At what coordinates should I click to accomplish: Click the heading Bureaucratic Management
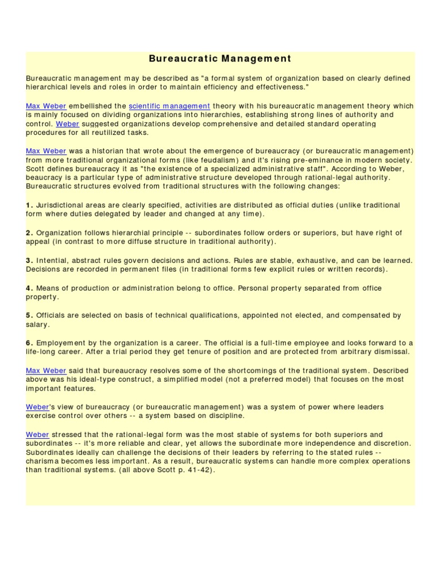coord(220,59)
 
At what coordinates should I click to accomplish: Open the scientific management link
coord(169,106)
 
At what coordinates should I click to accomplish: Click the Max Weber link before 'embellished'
coord(46,106)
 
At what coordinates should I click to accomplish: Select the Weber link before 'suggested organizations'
coord(67,123)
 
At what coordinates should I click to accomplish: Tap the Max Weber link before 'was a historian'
coord(46,150)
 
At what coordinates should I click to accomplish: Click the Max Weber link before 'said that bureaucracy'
coord(46,370)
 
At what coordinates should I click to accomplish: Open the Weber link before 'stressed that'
coord(37,435)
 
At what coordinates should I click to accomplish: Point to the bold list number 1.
coord(29,205)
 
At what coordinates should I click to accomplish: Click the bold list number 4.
coord(29,288)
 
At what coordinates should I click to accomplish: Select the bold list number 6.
coord(29,343)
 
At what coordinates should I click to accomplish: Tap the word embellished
coord(89,106)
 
